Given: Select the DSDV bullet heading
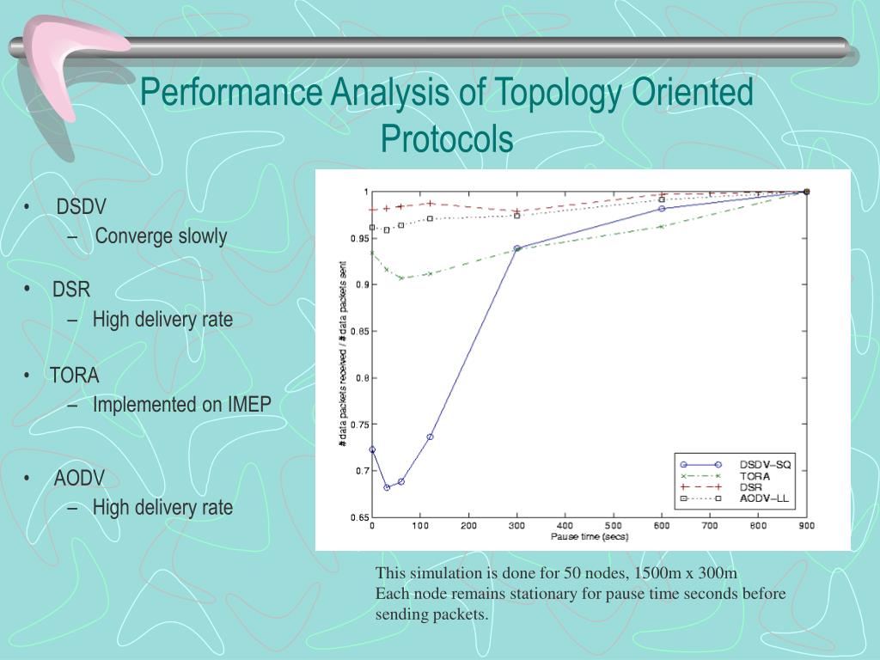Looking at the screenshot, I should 81,207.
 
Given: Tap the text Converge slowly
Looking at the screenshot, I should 161,236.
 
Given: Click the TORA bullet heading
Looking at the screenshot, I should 75,376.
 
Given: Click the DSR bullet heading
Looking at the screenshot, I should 71,290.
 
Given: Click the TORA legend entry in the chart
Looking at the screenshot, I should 755,475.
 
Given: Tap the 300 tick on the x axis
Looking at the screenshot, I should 516,525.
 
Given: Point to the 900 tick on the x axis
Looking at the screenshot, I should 806,525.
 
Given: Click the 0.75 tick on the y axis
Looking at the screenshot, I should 358,425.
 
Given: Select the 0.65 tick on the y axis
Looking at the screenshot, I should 358,517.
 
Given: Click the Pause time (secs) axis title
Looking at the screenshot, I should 589,537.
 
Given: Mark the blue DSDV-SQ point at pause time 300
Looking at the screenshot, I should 517,248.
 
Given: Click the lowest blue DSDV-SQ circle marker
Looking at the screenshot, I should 387,487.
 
